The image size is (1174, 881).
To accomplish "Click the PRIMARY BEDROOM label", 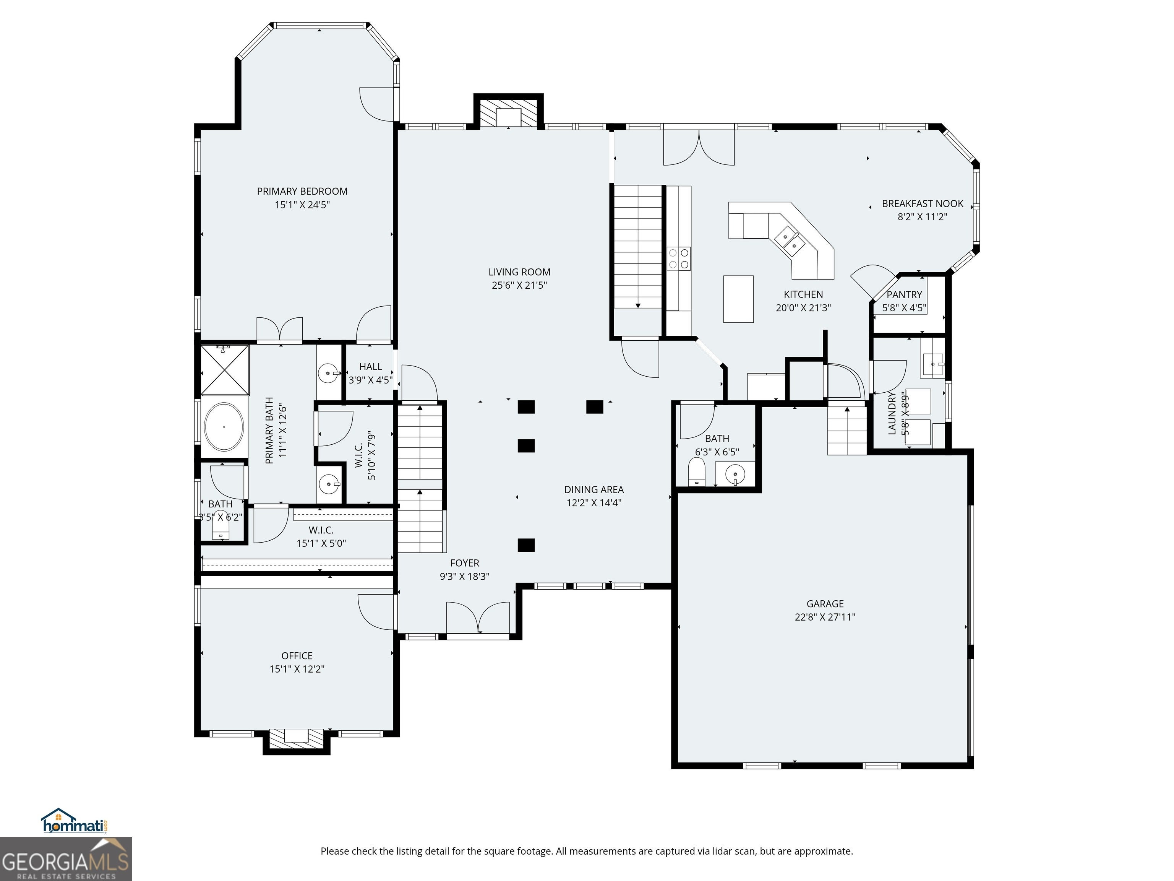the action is pos(302,191).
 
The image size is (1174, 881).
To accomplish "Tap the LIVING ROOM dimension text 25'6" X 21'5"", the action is pos(519,285).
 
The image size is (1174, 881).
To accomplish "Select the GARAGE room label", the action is pos(825,603).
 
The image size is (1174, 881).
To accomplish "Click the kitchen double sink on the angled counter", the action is pos(789,239).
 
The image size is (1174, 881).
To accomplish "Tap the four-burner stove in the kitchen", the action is pos(679,258).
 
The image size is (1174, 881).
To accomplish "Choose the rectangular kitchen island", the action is pos(738,299).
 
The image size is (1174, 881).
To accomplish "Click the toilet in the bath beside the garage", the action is pos(696,471).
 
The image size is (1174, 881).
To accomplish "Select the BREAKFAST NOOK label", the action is pos(923,203).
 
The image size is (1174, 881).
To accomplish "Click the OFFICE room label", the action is pos(297,656).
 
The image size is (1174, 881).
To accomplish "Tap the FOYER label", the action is pos(464,563).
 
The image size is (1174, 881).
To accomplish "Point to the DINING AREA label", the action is pos(594,489).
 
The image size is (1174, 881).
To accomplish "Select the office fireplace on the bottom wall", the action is pos(297,741).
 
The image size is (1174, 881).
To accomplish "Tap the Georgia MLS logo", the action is pos(66,859).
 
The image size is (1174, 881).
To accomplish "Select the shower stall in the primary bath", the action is pos(224,370).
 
